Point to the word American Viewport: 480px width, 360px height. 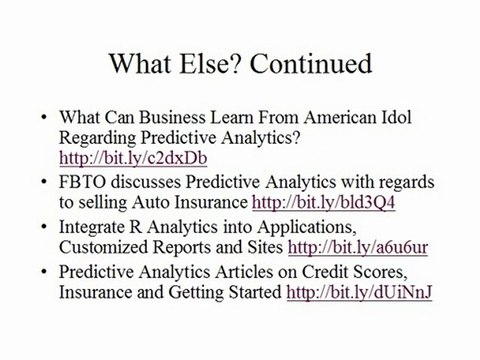(x=335, y=117)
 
